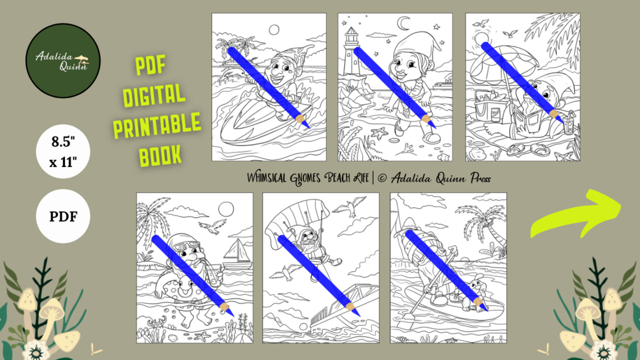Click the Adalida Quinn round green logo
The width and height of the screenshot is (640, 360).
point(63,61)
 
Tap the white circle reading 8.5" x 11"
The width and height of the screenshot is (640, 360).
point(63,152)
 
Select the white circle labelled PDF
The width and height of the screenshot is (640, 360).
point(63,216)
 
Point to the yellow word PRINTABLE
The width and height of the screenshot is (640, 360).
point(157,126)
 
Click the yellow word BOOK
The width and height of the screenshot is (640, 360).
point(160,155)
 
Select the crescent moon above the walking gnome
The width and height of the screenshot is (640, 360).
point(404,24)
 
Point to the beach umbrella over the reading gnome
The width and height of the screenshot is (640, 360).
point(501,65)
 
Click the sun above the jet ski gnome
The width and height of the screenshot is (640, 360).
point(274,30)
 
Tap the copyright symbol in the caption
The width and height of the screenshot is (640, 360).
point(382,178)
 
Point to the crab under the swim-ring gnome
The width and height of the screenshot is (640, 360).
point(155,324)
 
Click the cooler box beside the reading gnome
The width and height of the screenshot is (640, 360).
point(489,108)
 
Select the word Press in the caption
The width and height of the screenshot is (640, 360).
point(480,178)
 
